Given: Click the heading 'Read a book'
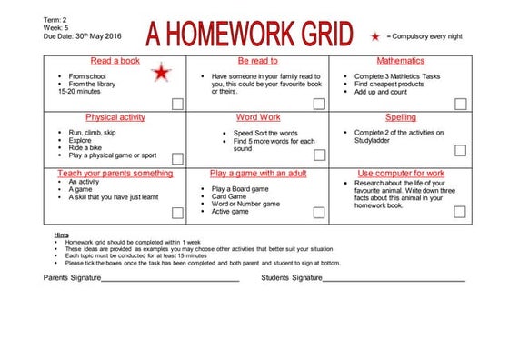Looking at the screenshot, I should coord(115,61).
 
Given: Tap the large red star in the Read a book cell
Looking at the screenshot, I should coord(161,72).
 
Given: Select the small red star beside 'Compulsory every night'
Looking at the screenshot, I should coord(375,35).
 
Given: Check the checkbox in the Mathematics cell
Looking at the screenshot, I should coord(459,104).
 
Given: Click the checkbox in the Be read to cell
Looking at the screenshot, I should coord(317,104).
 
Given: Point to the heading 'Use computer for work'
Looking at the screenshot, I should coord(401,173).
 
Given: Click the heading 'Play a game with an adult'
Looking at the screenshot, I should coord(257,173).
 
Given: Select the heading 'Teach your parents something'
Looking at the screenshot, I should coord(115,173).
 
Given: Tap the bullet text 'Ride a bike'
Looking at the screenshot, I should coord(86,148).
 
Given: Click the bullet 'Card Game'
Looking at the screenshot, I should coord(230,196).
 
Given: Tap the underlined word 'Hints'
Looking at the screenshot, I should coord(62,235).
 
